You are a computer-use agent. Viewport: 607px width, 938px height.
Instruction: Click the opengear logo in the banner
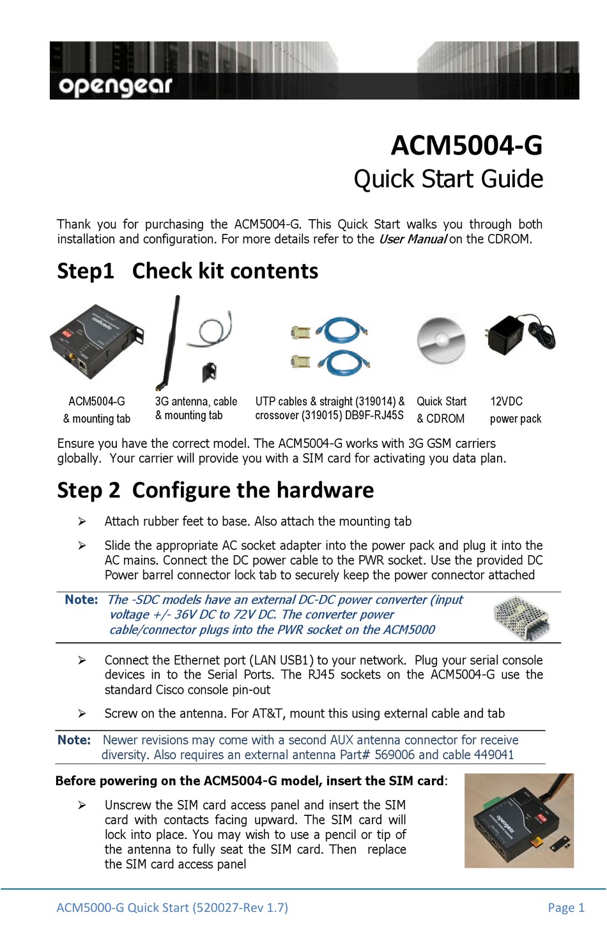click(115, 86)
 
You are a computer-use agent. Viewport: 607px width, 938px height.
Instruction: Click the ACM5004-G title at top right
click(466, 146)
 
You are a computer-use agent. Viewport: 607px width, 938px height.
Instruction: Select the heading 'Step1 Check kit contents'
click(187, 271)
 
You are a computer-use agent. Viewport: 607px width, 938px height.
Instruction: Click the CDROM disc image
click(441, 340)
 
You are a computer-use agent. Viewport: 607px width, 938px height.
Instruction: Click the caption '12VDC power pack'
click(515, 410)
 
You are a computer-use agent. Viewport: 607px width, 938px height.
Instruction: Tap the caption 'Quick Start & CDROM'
click(442, 410)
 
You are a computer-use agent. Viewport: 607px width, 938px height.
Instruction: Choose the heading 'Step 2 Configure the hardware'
click(215, 490)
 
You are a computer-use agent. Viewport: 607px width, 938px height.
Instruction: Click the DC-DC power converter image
click(522, 617)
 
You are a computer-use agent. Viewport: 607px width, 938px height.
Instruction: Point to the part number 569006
click(394, 755)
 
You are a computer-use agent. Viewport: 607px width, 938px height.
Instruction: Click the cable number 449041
click(493, 755)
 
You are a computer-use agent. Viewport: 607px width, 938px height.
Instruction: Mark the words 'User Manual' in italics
click(412, 240)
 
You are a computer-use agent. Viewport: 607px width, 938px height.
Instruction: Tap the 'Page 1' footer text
click(565, 907)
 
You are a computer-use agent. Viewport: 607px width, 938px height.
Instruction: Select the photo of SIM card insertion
click(519, 820)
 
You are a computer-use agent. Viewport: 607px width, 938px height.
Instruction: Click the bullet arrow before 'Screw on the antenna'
click(82, 713)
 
